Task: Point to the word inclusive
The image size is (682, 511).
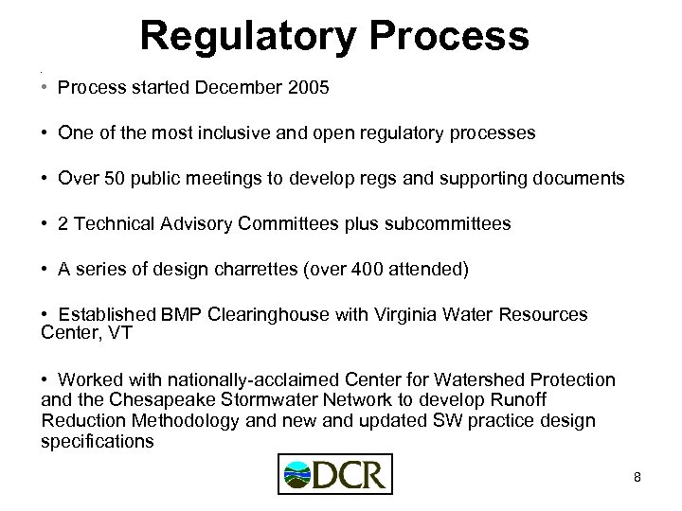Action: click(247, 134)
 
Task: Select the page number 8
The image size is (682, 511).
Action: click(637, 477)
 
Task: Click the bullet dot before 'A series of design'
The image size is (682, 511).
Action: click(45, 270)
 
